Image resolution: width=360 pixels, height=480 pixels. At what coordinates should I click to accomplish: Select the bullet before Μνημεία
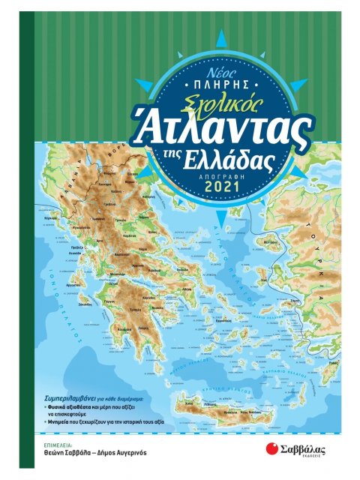point(48,421)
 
